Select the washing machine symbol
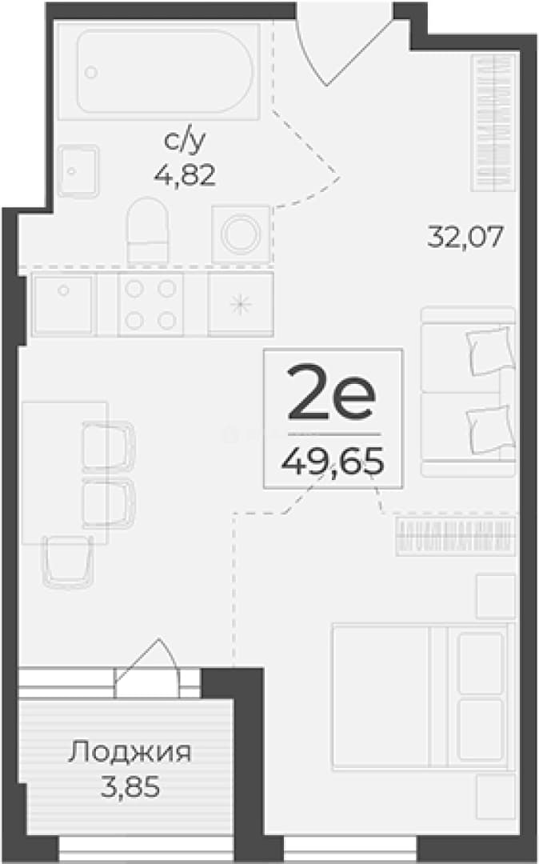pos(241,234)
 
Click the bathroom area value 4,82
pos(185,175)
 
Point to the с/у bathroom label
pos(185,142)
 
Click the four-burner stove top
pos(150,304)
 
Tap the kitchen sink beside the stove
pos(64,304)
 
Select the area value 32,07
pos(465,238)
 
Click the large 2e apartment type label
pos(331,392)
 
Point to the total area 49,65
pos(332,461)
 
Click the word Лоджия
pos(130,753)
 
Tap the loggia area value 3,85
pos(130,787)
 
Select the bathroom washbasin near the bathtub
pos(78,171)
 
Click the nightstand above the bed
pos(496,596)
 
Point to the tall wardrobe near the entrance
pos(493,122)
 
